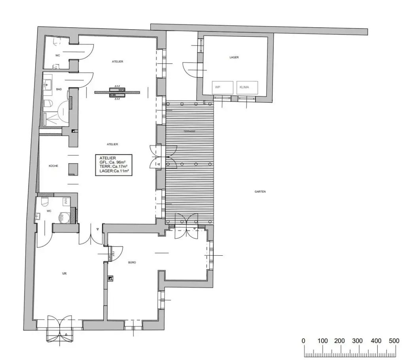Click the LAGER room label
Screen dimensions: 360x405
click(234, 57)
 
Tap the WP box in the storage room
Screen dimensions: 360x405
click(217, 87)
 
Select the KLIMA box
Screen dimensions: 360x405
click(244, 87)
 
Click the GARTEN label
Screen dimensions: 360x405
click(260, 191)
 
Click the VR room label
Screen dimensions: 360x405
click(64, 273)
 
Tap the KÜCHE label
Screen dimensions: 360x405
click(53, 166)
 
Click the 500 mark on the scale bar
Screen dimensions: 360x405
click(394, 341)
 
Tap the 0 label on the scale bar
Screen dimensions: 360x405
click(303, 341)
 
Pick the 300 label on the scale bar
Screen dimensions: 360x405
click(358, 341)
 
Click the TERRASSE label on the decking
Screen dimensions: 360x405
click(190, 131)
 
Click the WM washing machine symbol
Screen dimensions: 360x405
click(65, 201)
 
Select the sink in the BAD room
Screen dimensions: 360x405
click(48, 83)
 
